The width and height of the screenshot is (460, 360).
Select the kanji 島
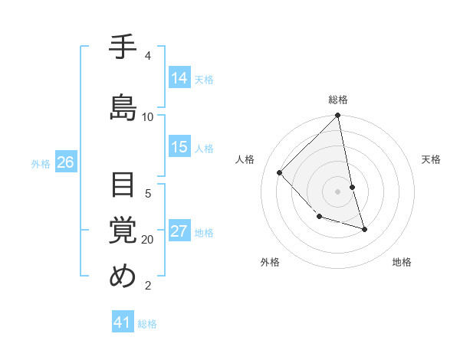point(123,107)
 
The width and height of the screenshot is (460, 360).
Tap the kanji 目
point(123,185)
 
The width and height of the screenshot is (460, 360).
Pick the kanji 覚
point(123,230)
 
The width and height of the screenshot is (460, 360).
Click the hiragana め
point(123,276)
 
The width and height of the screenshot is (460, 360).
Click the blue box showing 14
point(179,78)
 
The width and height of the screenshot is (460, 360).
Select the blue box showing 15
point(179,148)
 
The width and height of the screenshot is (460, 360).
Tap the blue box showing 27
point(179,232)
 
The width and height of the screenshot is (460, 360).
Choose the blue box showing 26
point(66,162)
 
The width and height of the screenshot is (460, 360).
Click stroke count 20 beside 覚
point(148,240)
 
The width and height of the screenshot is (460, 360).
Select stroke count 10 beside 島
point(148,116)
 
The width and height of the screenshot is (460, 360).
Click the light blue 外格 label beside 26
point(41,163)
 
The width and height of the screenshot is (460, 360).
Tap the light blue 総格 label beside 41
point(147,324)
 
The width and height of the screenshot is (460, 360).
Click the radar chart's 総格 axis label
point(338,100)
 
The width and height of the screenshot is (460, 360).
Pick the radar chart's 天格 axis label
point(432,159)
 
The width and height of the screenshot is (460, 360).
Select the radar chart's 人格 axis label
point(245,159)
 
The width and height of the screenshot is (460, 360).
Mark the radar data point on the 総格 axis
point(338,116)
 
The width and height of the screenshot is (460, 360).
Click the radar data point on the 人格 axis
point(280,172)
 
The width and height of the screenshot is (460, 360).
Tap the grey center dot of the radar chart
point(338,191)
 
